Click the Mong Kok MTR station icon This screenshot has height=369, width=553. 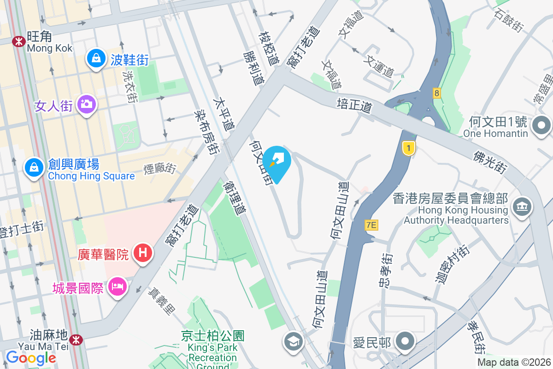[19, 41]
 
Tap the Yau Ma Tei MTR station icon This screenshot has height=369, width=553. [76, 340]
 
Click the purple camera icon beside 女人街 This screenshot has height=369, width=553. [86, 104]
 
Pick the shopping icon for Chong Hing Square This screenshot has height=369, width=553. [34, 167]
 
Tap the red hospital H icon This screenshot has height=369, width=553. [143, 253]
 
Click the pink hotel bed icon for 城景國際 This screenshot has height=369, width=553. [117, 287]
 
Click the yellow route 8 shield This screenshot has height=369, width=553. [436, 93]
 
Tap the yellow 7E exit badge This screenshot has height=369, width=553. [371, 225]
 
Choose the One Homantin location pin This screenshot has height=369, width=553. [541, 125]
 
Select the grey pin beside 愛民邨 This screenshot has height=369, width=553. [406, 342]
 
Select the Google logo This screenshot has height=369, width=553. [31, 358]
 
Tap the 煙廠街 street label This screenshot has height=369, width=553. [159, 169]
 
